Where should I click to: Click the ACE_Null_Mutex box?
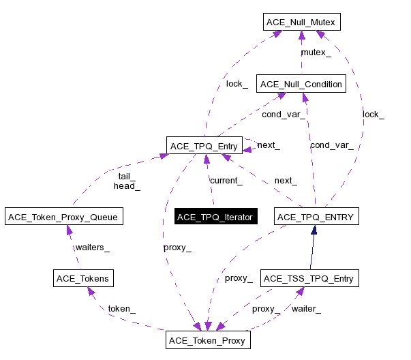click(301, 22)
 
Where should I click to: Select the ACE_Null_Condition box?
click(301, 84)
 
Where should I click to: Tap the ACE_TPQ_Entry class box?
click(204, 145)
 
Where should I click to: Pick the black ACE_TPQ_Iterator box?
click(215, 217)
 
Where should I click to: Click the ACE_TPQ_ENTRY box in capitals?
click(316, 217)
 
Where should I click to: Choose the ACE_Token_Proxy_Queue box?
click(63, 217)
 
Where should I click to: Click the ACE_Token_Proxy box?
click(207, 340)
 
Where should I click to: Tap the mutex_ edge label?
click(316, 52)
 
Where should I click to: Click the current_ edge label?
click(226, 181)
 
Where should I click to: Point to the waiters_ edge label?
click(92, 247)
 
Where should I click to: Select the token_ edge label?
click(121, 308)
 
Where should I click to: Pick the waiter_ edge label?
click(306, 308)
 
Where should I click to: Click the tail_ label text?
click(127, 176)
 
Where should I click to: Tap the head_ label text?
click(127, 185)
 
